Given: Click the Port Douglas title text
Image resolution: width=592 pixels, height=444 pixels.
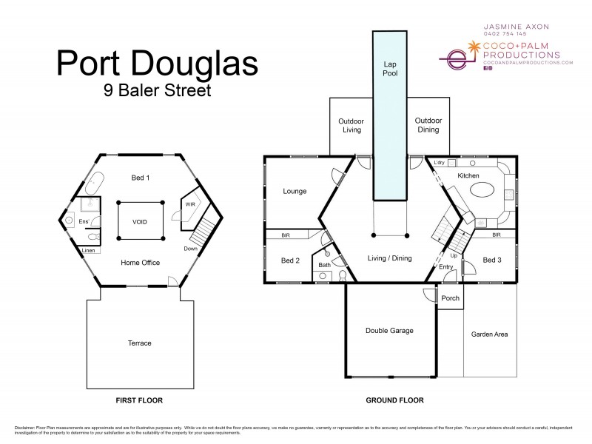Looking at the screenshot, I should [x=157, y=64].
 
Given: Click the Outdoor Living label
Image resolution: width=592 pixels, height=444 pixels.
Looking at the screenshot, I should [x=350, y=125].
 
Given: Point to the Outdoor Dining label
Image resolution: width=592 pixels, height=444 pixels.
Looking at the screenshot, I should [x=428, y=125].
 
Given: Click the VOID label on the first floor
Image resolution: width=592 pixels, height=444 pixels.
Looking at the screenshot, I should [x=140, y=221].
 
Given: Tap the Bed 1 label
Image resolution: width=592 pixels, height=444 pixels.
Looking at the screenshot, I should [x=141, y=178].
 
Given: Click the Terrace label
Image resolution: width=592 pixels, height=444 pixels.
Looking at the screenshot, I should [x=139, y=343].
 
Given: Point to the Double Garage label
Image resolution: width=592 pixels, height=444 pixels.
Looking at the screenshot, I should [x=389, y=331].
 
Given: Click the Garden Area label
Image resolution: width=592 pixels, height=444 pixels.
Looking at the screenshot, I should [x=489, y=334].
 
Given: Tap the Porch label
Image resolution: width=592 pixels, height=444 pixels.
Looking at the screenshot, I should [x=450, y=298].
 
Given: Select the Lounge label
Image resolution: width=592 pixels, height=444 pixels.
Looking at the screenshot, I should [x=295, y=191].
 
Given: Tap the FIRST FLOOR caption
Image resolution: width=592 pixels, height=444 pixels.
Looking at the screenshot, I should [x=139, y=400].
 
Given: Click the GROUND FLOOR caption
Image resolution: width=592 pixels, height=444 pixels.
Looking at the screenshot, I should [x=394, y=400].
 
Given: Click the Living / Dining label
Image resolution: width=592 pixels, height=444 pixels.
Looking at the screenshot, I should [x=389, y=258].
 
